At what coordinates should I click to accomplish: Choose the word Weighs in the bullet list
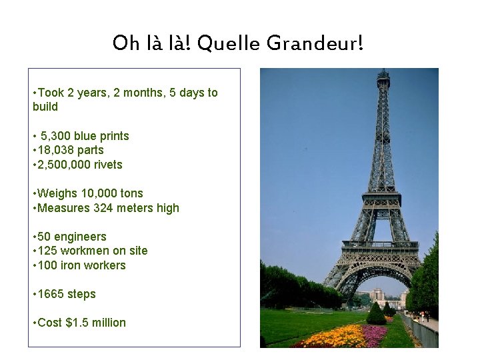click(x=57, y=193)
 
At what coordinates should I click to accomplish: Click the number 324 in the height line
click(x=105, y=208)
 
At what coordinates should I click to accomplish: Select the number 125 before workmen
click(x=48, y=251)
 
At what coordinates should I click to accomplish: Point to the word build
click(x=45, y=107)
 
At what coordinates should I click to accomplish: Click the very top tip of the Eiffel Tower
click(x=383, y=69)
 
